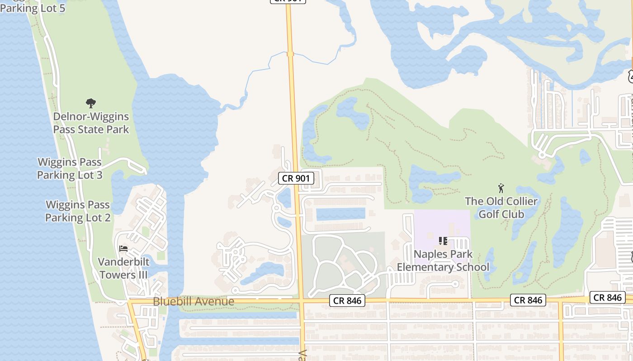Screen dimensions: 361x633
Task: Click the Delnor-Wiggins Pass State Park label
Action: click(91, 123)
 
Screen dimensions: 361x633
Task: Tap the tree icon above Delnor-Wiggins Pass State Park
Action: click(91, 103)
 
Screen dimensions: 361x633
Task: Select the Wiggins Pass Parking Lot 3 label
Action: click(70, 168)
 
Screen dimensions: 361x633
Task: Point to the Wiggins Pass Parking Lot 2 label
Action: click(78, 211)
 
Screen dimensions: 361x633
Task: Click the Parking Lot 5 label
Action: click(33, 8)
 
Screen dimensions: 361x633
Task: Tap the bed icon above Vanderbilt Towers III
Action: click(123, 248)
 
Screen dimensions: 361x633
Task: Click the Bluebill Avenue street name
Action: click(194, 301)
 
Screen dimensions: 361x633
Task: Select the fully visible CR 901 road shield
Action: click(296, 178)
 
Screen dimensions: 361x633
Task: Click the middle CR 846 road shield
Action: click(528, 300)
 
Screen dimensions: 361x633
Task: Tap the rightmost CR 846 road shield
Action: click(608, 297)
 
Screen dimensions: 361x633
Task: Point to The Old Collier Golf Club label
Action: click(501, 208)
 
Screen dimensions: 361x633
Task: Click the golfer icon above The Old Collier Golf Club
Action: click(501, 188)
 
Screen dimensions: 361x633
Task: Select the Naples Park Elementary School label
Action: click(443, 260)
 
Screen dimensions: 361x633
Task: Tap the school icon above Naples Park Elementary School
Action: click(443, 241)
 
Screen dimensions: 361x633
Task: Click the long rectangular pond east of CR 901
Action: click(340, 214)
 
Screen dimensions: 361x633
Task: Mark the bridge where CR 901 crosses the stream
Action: click(290, 54)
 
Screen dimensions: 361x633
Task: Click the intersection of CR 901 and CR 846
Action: click(301, 301)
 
